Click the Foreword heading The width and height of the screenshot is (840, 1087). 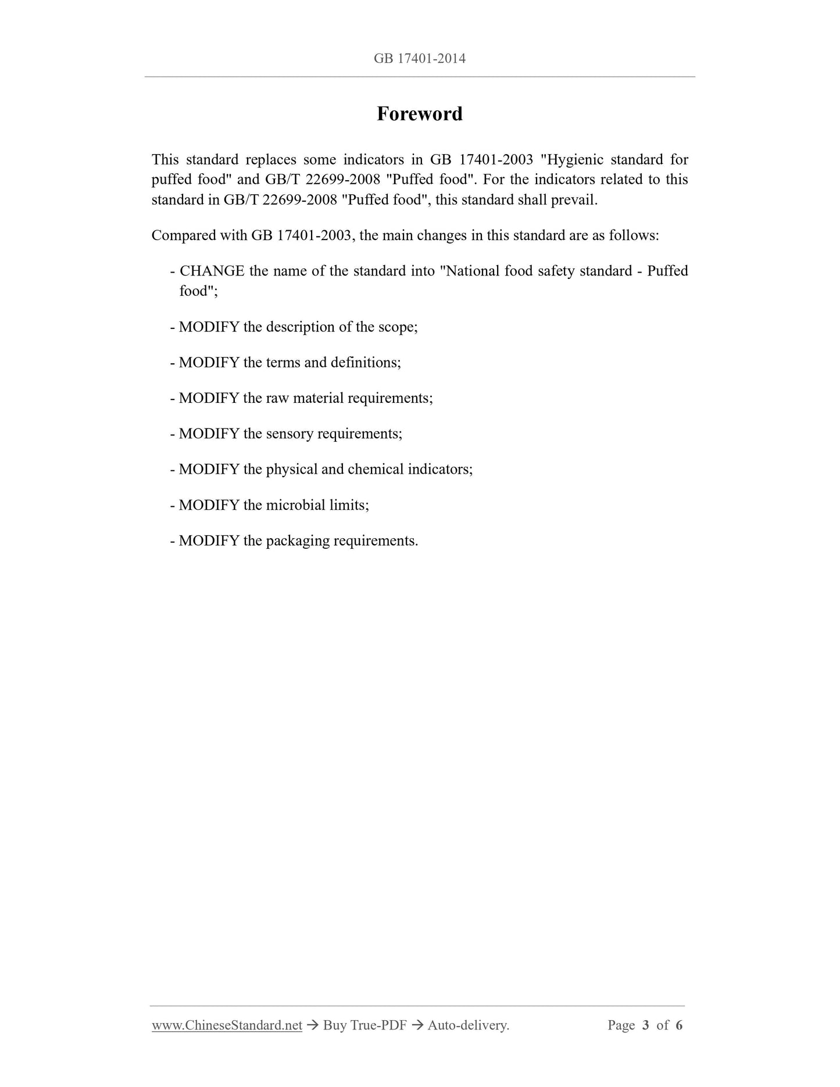click(419, 114)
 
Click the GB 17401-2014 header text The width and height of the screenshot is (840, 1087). click(419, 59)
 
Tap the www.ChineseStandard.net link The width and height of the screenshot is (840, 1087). click(227, 1025)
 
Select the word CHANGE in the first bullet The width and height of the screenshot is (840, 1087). click(212, 271)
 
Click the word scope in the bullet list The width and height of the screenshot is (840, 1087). click(397, 327)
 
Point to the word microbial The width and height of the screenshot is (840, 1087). click(295, 505)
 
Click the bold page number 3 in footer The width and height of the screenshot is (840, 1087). click(645, 1025)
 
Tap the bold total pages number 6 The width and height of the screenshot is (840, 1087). click(679, 1025)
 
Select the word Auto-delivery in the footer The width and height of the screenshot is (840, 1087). click(468, 1025)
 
